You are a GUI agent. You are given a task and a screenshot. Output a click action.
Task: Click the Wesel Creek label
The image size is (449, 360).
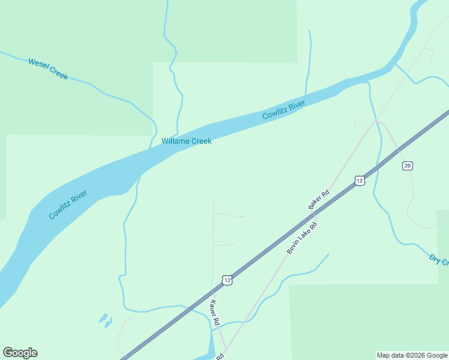(x=47, y=69)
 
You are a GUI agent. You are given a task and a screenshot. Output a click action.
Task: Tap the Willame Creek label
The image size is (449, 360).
(x=186, y=141)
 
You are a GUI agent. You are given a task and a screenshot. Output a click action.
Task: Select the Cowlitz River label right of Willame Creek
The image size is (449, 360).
(x=283, y=110)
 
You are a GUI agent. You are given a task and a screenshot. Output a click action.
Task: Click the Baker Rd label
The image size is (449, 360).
(x=319, y=200)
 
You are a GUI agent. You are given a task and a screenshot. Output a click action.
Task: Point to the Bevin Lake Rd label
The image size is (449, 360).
(x=301, y=238)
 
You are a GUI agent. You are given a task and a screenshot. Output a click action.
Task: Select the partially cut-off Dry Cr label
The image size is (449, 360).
(x=439, y=260)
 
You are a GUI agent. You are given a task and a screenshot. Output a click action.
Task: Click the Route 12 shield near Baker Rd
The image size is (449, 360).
(x=359, y=181)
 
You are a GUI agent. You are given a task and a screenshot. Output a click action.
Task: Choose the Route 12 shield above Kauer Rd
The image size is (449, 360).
(x=226, y=280)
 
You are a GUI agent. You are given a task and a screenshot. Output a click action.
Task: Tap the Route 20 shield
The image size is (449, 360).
(x=408, y=166)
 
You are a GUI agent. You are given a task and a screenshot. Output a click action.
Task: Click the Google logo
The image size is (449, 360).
(x=20, y=353)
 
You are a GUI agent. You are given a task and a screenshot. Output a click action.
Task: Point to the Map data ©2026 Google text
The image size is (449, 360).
(x=412, y=355)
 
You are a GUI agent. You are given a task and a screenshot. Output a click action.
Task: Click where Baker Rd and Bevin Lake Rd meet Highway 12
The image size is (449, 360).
(x=314, y=212)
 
